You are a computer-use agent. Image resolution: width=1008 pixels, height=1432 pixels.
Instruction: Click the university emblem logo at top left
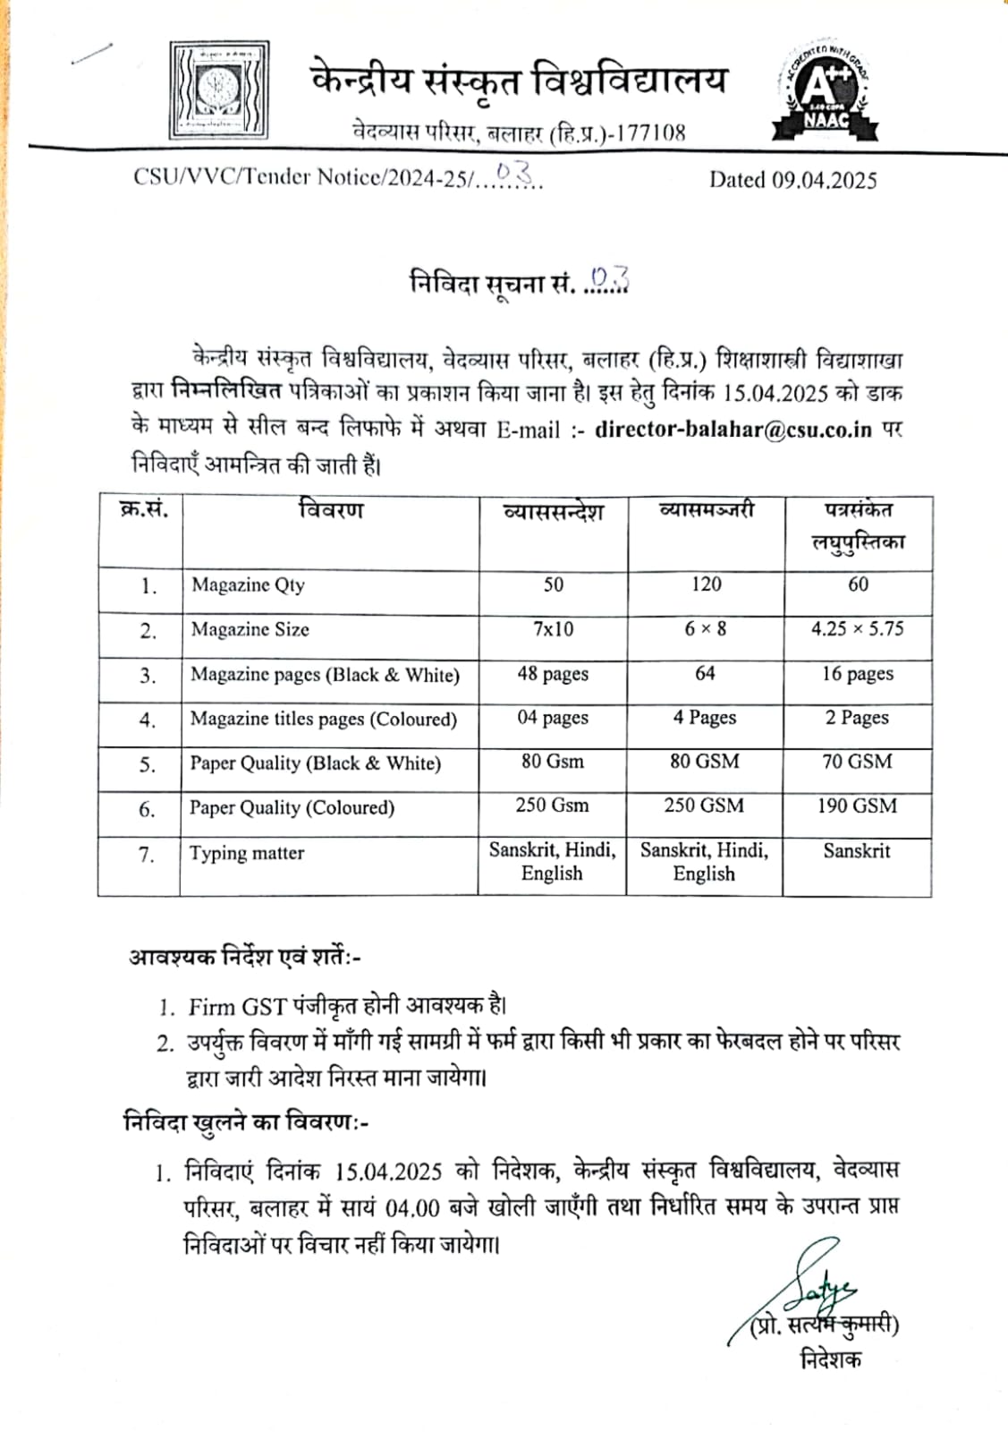[x=219, y=90]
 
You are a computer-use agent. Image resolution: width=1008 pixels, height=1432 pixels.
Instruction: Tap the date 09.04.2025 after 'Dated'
[x=824, y=180]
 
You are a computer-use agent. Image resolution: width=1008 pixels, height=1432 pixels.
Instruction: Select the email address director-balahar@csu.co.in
[x=733, y=429]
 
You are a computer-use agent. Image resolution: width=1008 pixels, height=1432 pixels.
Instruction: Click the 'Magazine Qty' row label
[x=248, y=585]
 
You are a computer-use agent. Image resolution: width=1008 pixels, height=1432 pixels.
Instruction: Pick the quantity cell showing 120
[x=706, y=584]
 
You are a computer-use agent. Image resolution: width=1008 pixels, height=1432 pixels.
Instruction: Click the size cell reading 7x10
[x=553, y=629]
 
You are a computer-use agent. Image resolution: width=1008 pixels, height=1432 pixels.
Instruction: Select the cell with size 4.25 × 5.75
[x=857, y=628]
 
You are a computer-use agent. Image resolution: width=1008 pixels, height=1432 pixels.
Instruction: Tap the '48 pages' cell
[x=553, y=674]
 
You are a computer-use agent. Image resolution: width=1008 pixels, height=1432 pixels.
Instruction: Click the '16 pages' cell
[x=857, y=674]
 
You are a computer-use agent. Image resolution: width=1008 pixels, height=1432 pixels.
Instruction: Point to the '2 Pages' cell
[x=857, y=718]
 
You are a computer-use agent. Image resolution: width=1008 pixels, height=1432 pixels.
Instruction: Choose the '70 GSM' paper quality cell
[x=857, y=762]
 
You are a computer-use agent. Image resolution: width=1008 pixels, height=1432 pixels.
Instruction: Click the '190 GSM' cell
[x=857, y=805]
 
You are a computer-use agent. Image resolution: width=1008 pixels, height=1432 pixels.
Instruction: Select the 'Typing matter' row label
[x=247, y=853]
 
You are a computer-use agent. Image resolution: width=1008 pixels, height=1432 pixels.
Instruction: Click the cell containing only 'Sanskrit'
[x=857, y=851]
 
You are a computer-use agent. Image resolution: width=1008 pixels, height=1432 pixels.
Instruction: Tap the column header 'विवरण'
[x=331, y=511]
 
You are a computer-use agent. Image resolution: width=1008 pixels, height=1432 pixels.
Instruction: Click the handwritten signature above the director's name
[x=818, y=1284]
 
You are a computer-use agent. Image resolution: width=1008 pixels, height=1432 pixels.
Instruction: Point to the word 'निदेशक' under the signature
[x=831, y=1360]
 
